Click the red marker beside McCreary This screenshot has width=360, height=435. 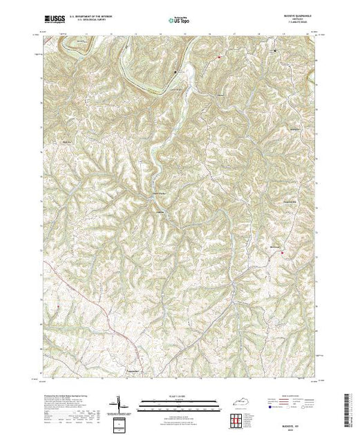[x=282, y=252]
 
